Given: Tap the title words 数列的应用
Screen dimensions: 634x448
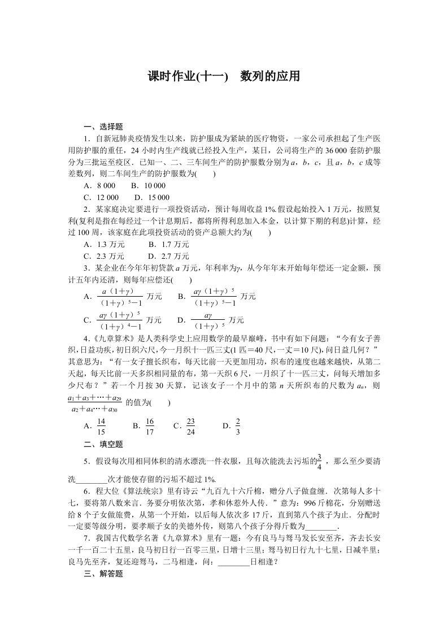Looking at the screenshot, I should (x=269, y=76).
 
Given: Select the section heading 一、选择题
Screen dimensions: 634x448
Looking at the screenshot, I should (x=103, y=127).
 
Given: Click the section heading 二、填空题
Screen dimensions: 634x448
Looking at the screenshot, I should (x=103, y=445).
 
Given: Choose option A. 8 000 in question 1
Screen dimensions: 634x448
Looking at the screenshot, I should (x=99, y=186).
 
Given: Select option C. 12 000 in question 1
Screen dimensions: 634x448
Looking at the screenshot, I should (x=101, y=197).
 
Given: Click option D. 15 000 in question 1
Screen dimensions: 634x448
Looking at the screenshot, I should (x=152, y=197).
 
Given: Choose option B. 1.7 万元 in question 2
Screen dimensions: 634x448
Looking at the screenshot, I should (x=168, y=245).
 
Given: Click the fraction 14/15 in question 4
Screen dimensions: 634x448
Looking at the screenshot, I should (x=102, y=426).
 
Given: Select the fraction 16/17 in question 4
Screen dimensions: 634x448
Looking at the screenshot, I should (x=150, y=426).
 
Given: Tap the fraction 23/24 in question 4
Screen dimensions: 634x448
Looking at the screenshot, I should (x=190, y=426).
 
